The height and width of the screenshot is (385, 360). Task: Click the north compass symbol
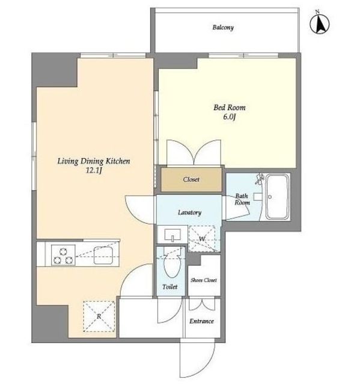(320, 23)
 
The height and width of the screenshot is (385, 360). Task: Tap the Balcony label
(223, 27)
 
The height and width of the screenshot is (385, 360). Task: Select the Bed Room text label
(230, 108)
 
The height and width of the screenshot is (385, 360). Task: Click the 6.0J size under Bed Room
(230, 117)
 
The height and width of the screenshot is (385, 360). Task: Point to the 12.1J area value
(93, 170)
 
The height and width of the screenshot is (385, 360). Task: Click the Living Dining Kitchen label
(94, 161)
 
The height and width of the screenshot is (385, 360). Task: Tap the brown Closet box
(191, 179)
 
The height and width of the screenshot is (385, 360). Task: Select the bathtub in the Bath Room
(277, 197)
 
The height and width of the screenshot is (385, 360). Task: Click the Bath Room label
(242, 199)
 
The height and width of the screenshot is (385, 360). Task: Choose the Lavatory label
(189, 212)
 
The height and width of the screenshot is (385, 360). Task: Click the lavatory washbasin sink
(172, 235)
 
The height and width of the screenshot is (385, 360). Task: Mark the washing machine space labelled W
(202, 238)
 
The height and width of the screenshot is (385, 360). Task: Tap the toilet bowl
(172, 265)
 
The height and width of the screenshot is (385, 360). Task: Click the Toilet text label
(169, 286)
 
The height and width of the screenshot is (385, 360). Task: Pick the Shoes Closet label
(204, 280)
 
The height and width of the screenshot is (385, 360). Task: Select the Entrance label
(201, 321)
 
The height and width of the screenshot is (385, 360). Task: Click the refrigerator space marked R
(99, 316)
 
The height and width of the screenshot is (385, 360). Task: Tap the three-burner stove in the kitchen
(63, 255)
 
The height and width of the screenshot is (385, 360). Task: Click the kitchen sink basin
(103, 255)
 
